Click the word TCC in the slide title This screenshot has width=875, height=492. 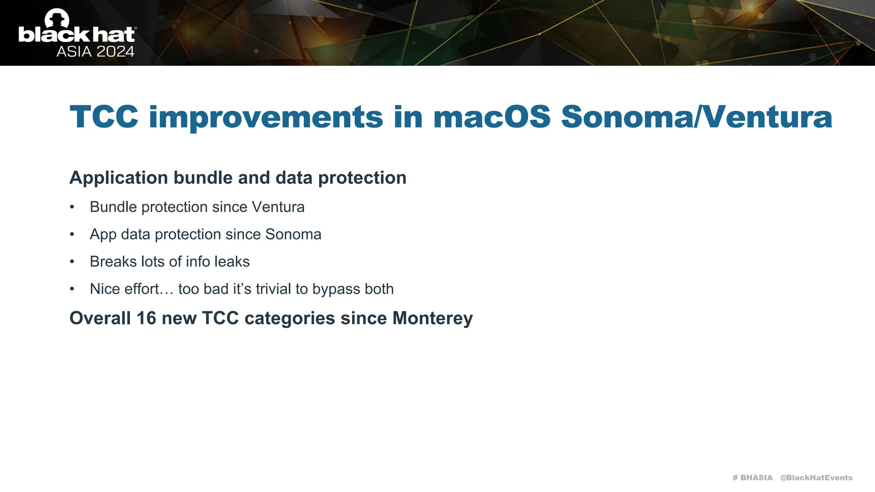click(104, 117)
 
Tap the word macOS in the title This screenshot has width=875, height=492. click(492, 117)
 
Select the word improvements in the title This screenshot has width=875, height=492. click(265, 117)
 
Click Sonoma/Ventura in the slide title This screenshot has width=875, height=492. click(696, 117)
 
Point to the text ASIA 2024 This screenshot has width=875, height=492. click(95, 52)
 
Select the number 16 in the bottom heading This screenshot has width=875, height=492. click(146, 318)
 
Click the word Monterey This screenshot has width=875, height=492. click(432, 318)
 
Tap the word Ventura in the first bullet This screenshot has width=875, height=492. click(278, 207)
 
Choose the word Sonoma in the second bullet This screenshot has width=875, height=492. click(293, 234)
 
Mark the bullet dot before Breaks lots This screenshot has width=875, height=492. click(72, 262)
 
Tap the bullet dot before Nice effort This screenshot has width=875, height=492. click(72, 289)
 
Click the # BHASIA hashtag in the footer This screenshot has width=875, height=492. click(752, 477)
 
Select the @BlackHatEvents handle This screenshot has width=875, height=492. click(816, 477)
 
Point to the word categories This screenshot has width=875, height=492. click(290, 318)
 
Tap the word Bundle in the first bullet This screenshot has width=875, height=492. click(113, 207)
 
